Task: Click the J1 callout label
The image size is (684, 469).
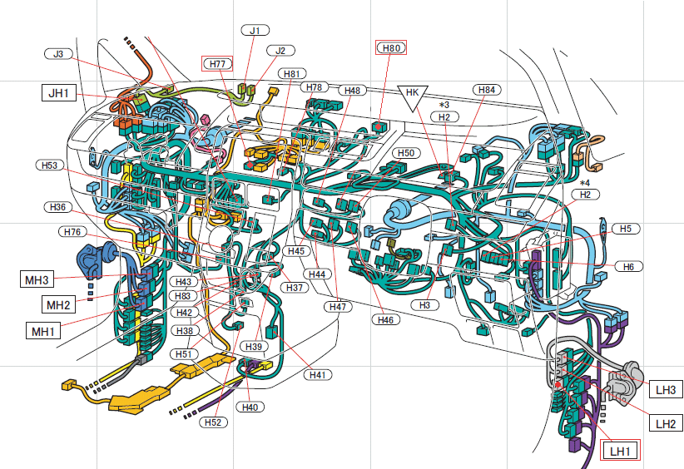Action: pyautogui.click(x=255, y=31)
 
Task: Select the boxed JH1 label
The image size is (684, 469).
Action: pyautogui.click(x=58, y=93)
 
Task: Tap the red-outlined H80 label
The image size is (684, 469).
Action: pyautogui.click(x=391, y=48)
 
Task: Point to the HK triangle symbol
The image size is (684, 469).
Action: pyautogui.click(x=411, y=93)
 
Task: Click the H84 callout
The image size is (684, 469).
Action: pyautogui.click(x=486, y=89)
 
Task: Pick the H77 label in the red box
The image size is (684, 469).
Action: pyautogui.click(x=217, y=63)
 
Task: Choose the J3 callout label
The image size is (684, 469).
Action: pyautogui.click(x=57, y=54)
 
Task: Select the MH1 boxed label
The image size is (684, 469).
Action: pyautogui.click(x=42, y=332)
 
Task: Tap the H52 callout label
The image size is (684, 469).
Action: pyautogui.click(x=213, y=422)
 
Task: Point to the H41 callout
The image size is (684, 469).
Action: pyautogui.click(x=317, y=375)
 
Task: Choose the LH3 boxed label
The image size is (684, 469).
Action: pyautogui.click(x=666, y=389)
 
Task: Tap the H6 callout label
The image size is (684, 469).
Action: pyautogui.click(x=628, y=266)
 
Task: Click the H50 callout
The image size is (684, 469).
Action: pyautogui.click(x=405, y=153)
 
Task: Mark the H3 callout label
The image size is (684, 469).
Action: pyautogui.click(x=424, y=306)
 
